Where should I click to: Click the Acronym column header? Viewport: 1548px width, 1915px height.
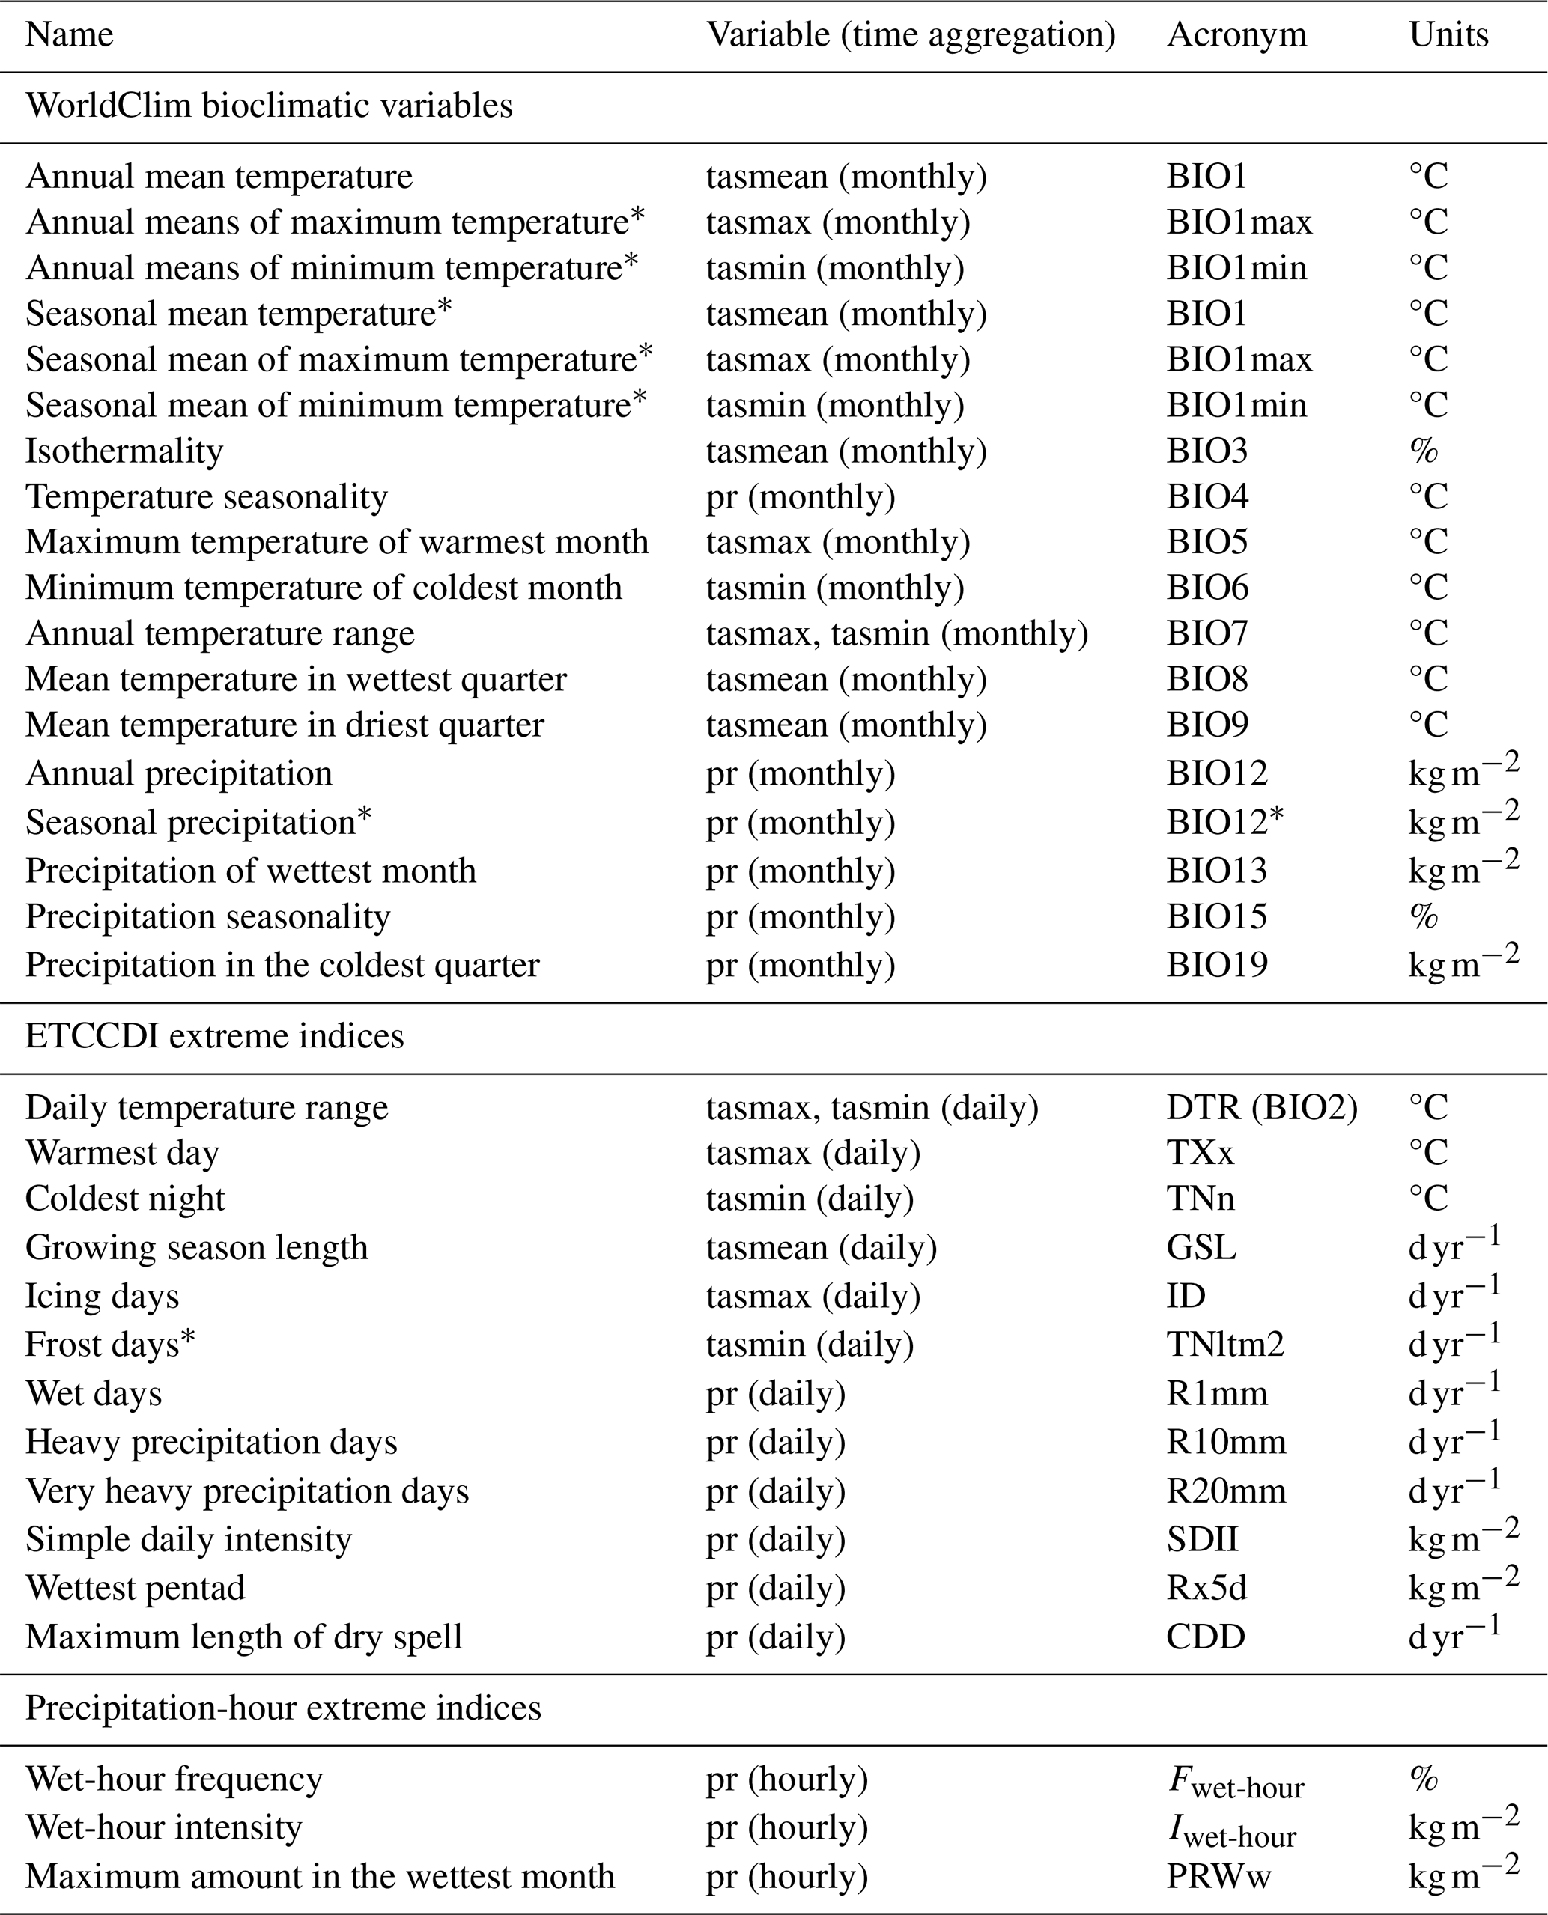click(1236, 34)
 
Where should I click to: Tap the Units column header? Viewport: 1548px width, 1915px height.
click(1448, 34)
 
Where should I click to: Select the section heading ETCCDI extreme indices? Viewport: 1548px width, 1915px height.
click(214, 1036)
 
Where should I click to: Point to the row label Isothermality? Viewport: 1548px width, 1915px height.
click(124, 451)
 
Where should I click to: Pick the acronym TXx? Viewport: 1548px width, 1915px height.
click(1201, 1154)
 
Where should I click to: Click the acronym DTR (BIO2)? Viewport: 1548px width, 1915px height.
click(1262, 1108)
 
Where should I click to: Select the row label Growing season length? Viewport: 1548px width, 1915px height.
click(196, 1247)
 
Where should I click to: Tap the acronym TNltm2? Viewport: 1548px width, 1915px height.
click(1225, 1345)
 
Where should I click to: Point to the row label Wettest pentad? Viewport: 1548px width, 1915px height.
click(135, 1588)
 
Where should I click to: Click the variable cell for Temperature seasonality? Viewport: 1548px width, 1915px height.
click(800, 496)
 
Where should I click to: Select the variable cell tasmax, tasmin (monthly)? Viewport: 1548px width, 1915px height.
click(896, 634)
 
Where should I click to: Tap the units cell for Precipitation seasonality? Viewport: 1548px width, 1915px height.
click(1423, 916)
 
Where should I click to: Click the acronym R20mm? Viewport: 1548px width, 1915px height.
click(1226, 1491)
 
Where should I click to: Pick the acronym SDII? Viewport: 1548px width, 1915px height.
click(1202, 1540)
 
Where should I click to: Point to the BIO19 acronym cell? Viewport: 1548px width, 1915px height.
click(1216, 965)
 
